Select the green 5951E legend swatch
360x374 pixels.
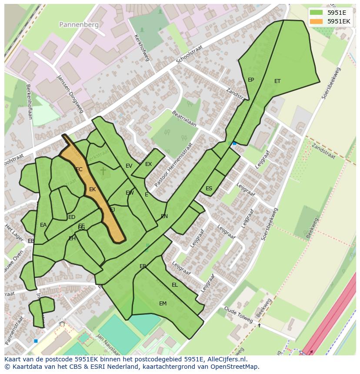coord(317,13)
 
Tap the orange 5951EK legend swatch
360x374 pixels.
coord(317,21)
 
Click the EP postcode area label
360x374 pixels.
coord(251,80)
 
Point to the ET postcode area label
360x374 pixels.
coord(277,81)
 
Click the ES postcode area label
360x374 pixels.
coord(209,189)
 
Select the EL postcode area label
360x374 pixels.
coord(175,285)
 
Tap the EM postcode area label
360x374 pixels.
coord(163,304)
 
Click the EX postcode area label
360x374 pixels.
coord(148,164)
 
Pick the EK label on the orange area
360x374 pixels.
coord(92,189)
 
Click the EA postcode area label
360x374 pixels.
coord(43,225)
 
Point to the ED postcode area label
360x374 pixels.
coord(72,217)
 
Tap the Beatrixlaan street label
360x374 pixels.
coord(184,118)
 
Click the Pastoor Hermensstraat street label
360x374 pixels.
coord(173,165)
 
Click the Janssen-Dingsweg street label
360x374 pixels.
coord(70,93)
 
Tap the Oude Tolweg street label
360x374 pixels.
coord(238,314)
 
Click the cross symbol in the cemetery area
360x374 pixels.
coord(103,171)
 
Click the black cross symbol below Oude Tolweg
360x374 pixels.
coord(260,325)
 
